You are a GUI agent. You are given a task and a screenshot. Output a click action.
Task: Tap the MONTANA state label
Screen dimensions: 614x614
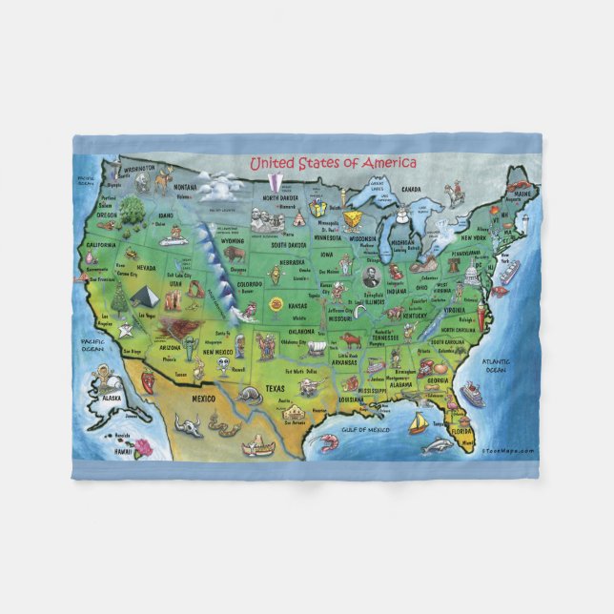(186, 186)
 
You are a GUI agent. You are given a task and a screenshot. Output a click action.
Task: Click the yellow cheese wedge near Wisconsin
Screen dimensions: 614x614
(355, 221)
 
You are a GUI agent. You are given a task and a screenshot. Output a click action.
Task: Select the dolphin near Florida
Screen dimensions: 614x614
(438, 445)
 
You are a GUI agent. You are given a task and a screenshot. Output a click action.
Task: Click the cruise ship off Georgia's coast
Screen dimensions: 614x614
(472, 394)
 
